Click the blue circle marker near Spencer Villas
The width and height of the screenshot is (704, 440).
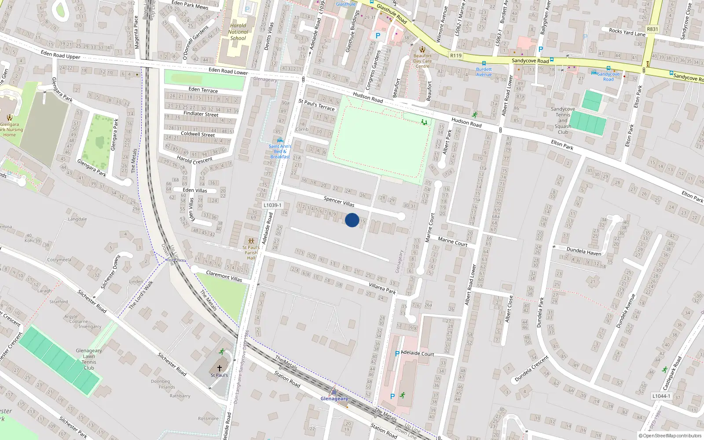pyautogui.click(x=352, y=220)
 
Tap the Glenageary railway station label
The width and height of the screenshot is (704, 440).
pyautogui.click(x=334, y=399)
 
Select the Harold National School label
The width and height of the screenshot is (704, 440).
pyautogui.click(x=238, y=32)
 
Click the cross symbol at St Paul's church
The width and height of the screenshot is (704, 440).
pyautogui.click(x=219, y=368)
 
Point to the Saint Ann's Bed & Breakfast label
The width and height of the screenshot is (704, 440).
pyautogui.click(x=280, y=151)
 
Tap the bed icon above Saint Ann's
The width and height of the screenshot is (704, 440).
pyautogui.click(x=280, y=141)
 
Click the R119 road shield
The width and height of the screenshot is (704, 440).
pyautogui.click(x=456, y=55)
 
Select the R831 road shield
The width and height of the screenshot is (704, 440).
pyautogui.click(x=653, y=29)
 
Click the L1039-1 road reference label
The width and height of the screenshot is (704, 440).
pyautogui.click(x=273, y=205)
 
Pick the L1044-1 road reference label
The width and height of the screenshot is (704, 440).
pyautogui.click(x=661, y=396)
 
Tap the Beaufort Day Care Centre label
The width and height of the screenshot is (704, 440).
pyautogui.click(x=422, y=61)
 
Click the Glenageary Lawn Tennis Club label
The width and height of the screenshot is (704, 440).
pyautogui.click(x=89, y=359)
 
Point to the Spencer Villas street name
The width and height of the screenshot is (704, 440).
pyautogui.click(x=339, y=202)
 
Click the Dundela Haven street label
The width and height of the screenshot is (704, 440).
pyautogui.click(x=583, y=251)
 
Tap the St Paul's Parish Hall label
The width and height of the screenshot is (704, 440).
pyautogui.click(x=251, y=253)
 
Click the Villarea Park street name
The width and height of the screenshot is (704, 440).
pyautogui.click(x=382, y=288)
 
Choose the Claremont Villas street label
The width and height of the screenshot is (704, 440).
pyautogui.click(x=224, y=276)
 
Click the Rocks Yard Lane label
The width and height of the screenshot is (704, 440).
pyautogui.click(x=627, y=32)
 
